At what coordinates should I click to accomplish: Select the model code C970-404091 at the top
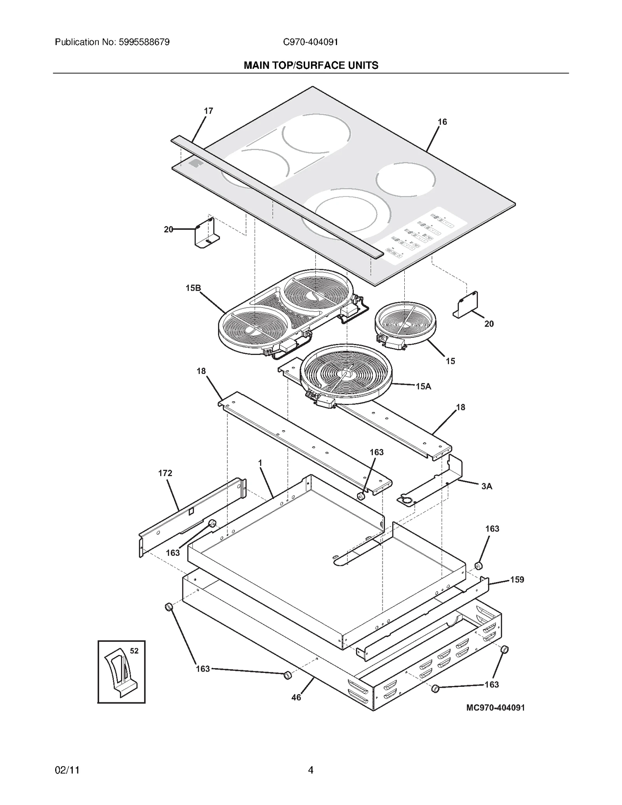point(310,42)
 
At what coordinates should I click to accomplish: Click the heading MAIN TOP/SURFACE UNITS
point(311,65)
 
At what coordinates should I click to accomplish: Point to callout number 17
point(208,111)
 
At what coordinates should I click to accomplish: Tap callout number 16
point(442,122)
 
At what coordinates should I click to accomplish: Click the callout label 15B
point(193,288)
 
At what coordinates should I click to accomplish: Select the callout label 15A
point(423,386)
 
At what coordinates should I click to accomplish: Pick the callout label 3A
point(486,486)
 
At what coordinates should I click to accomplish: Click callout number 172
point(165,473)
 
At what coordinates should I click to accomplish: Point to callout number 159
point(517,580)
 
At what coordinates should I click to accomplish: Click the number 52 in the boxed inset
point(134,651)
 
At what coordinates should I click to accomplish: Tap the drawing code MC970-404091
point(495,707)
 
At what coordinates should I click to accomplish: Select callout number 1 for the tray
point(260,463)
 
